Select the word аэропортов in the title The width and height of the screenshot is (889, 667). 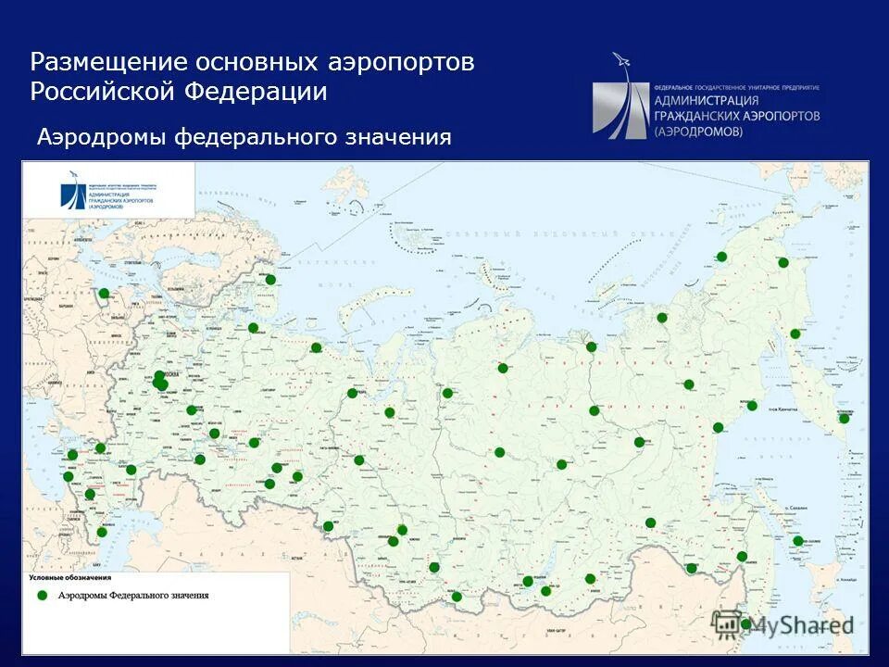(x=400, y=62)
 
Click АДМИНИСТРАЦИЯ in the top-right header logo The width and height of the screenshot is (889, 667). (x=706, y=100)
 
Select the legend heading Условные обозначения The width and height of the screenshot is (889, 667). (x=69, y=578)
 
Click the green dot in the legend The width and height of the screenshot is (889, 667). (x=41, y=596)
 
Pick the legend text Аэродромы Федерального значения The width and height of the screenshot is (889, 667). (x=133, y=596)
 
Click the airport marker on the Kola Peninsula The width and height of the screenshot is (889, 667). (x=270, y=279)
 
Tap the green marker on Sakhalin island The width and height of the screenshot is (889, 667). (x=798, y=541)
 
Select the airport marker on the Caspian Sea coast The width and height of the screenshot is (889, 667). (x=102, y=532)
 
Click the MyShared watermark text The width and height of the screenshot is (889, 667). (x=801, y=625)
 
